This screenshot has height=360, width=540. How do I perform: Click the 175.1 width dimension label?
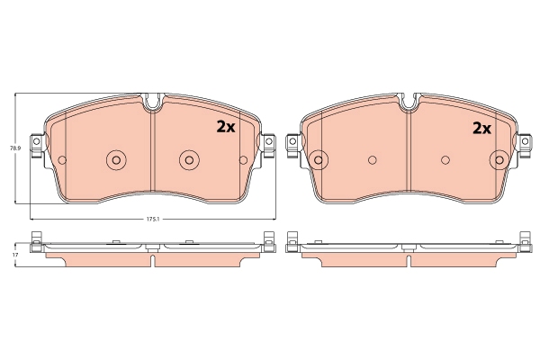(x=153, y=219)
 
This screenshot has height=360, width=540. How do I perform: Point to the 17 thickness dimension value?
(x=14, y=255)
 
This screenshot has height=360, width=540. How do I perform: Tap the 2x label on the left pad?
(x=224, y=128)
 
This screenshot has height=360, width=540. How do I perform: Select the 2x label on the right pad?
(x=481, y=128)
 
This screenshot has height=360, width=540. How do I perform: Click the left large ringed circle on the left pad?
(x=116, y=160)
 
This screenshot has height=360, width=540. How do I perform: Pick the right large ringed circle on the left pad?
(x=189, y=160)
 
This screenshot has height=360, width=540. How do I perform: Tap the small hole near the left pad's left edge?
(x=62, y=160)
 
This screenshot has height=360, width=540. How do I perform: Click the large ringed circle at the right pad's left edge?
(x=319, y=160)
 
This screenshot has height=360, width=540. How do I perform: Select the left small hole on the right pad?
(x=373, y=160)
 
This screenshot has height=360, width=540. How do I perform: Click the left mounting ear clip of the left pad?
(x=37, y=145)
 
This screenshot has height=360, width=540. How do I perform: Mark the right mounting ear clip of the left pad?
(x=268, y=145)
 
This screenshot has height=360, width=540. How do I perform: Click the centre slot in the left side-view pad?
(x=153, y=260)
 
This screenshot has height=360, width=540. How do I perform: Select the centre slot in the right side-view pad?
(x=409, y=260)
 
